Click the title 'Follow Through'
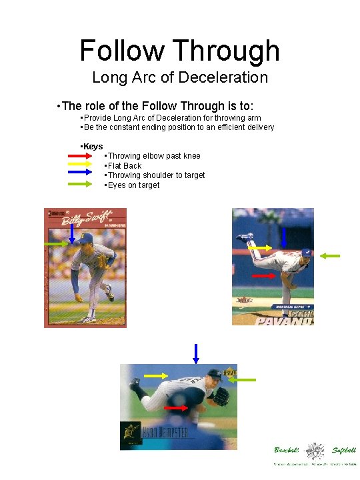[179, 51]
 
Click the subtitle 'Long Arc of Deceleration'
[179, 77]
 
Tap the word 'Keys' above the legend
[93, 146]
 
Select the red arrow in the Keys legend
[83, 156]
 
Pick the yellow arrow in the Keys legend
[83, 165]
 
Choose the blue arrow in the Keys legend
[83, 175]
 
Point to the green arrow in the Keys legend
[83, 185]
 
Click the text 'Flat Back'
[125, 165]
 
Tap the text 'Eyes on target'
[134, 185]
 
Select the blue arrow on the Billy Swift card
[72, 233]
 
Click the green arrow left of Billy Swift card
[56, 245]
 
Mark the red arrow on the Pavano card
[264, 275]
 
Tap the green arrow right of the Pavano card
[329, 255]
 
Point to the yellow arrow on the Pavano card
[260, 248]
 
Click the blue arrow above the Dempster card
[196, 353]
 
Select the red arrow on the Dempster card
[176, 407]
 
